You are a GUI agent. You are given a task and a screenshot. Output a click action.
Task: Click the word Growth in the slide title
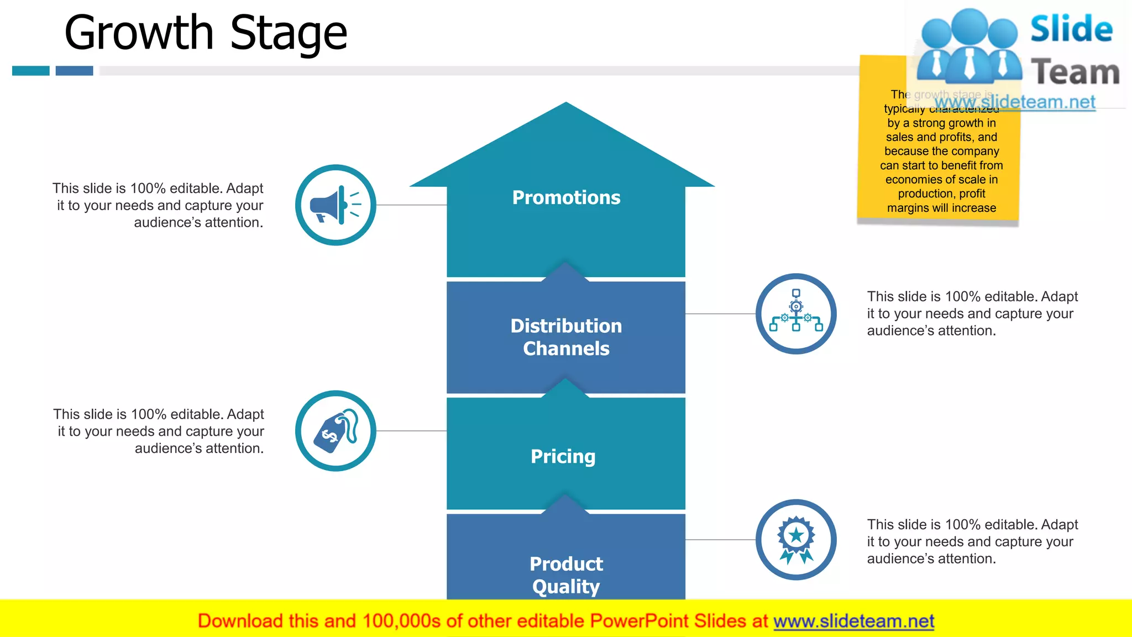click(138, 33)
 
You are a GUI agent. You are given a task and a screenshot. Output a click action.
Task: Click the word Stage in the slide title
click(288, 33)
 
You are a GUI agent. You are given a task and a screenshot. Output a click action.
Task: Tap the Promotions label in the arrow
click(566, 197)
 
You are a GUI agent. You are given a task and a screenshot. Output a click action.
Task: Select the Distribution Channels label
click(566, 337)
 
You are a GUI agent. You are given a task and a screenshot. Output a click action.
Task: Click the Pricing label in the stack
click(563, 456)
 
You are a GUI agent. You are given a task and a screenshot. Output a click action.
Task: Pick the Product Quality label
click(566, 575)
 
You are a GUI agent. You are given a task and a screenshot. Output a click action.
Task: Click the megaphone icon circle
click(336, 205)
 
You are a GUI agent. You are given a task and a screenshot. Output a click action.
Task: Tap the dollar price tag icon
click(336, 431)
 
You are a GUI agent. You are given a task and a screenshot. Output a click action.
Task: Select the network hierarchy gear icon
click(796, 314)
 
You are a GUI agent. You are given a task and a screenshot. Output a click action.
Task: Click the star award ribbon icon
click(796, 540)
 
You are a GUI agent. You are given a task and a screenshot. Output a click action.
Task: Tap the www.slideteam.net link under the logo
click(1014, 102)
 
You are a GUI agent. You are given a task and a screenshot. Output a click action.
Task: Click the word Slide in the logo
click(1071, 29)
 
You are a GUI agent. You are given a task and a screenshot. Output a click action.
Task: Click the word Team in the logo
click(1075, 72)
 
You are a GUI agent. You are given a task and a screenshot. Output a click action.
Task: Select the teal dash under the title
click(31, 71)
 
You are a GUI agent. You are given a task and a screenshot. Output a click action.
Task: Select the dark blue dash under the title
click(74, 71)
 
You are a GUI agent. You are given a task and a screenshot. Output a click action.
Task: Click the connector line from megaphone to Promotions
click(411, 205)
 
